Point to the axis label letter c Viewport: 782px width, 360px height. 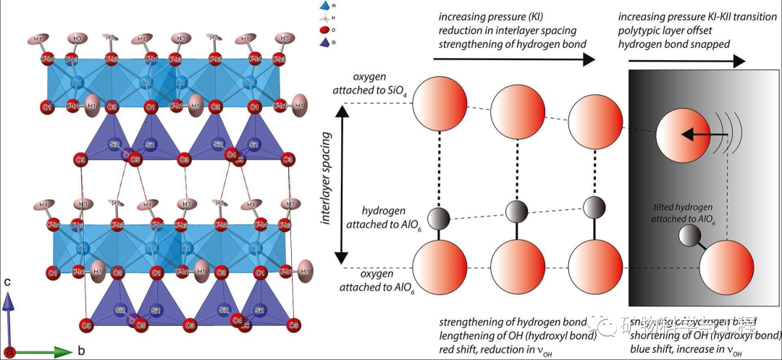click(8, 281)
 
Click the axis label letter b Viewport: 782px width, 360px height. click(82, 351)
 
